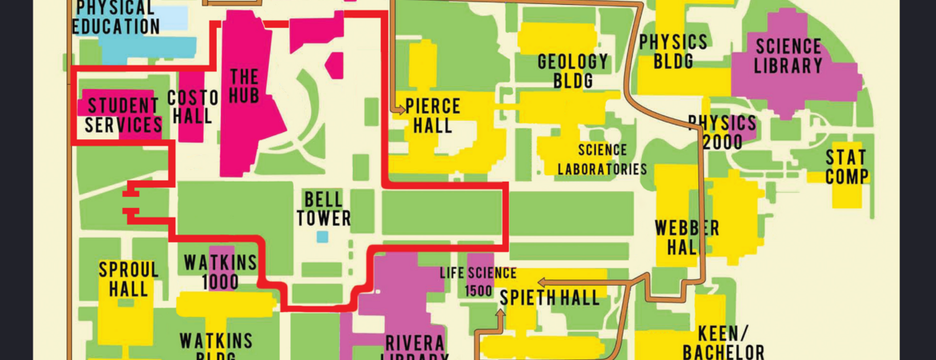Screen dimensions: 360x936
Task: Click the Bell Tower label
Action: point(324,208)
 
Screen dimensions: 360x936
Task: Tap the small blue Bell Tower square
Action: point(322,237)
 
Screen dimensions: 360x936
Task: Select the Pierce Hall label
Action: point(433,115)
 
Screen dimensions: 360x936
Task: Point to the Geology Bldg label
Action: point(573,71)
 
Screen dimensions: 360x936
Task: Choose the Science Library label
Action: point(788,56)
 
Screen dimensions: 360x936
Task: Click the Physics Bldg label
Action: point(673,51)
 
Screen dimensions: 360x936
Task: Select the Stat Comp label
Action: point(846,166)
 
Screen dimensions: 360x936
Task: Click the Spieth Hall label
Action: point(550,298)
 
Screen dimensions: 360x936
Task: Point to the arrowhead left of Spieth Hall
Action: point(541,282)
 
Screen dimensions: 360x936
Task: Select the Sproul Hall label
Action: point(129,279)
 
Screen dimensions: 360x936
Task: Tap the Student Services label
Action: point(123,114)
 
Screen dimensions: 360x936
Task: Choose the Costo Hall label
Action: point(192,106)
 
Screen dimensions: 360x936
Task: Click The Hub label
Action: point(244,87)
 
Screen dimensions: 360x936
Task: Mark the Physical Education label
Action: point(116,18)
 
